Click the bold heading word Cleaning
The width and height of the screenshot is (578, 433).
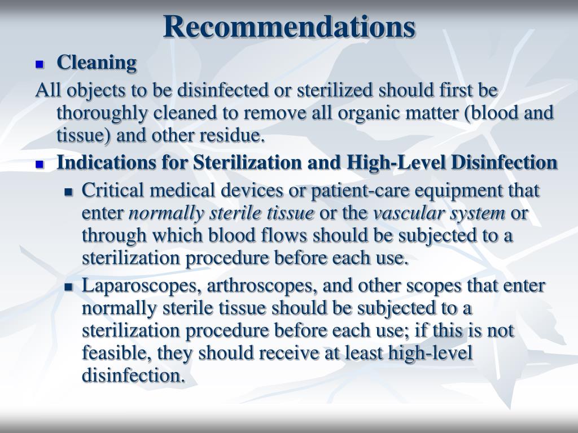pyautogui.click(x=97, y=63)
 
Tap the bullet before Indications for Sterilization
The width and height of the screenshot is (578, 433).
pyautogui.click(x=40, y=165)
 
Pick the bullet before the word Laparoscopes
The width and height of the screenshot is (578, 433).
pyautogui.click(x=69, y=288)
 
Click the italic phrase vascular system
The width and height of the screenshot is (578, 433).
pyautogui.click(x=439, y=213)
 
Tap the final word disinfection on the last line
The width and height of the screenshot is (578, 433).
pyautogui.click(x=133, y=375)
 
